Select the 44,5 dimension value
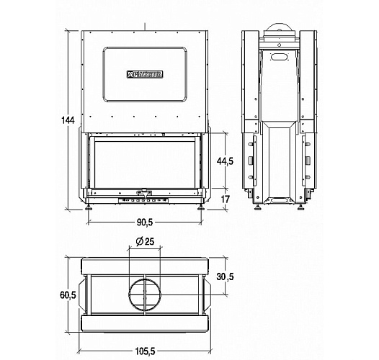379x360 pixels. [226, 161]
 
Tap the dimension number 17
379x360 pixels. [225, 199]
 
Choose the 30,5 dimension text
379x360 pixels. [225, 276]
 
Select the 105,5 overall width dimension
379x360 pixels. [146, 351]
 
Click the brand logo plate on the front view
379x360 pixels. [146, 73]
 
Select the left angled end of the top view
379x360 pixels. [82, 293]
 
